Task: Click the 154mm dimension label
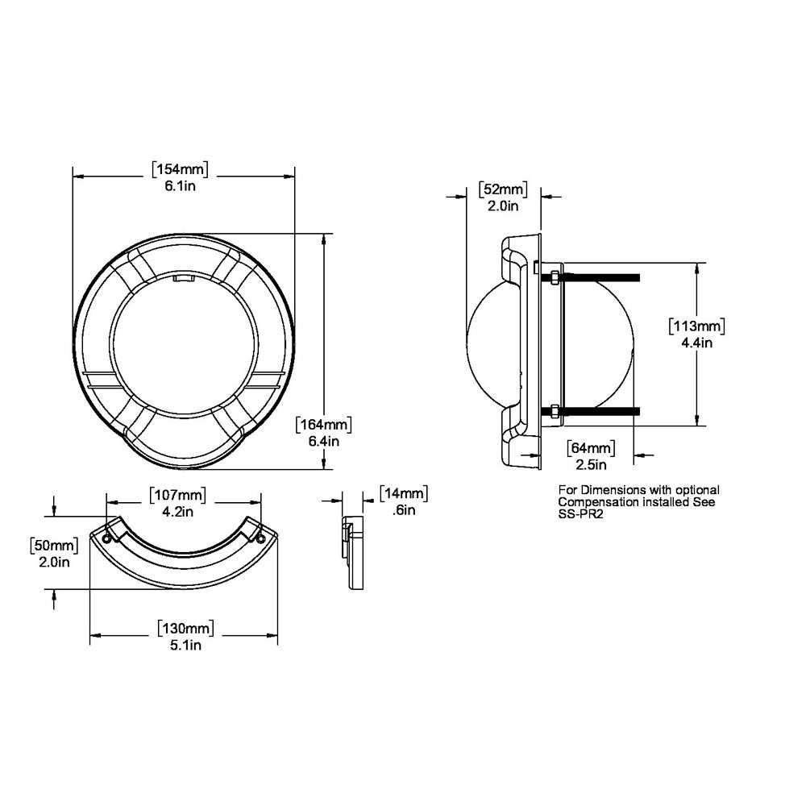(x=181, y=169)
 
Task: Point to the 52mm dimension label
(x=503, y=189)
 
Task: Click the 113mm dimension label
(x=697, y=326)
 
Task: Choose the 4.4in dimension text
(x=696, y=343)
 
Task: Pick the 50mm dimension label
(x=54, y=546)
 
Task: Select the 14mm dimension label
(x=403, y=493)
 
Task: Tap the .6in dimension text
(x=403, y=510)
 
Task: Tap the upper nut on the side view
(x=555, y=278)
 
